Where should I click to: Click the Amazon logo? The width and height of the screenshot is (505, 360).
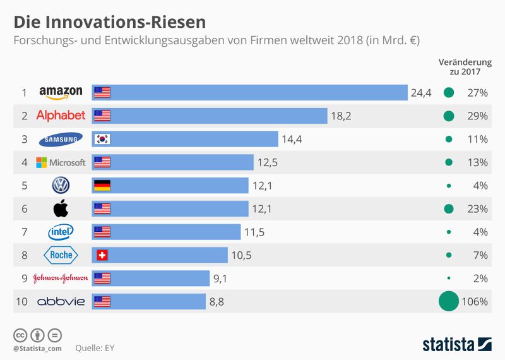pos(61,93)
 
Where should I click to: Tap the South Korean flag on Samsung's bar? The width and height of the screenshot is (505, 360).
pos(102,139)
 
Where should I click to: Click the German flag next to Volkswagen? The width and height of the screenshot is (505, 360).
pos(102,186)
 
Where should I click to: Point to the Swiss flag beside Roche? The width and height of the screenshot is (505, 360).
pos(101,255)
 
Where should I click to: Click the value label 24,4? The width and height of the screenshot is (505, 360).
pos(421,93)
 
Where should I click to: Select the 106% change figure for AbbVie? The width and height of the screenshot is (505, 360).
pos(475,301)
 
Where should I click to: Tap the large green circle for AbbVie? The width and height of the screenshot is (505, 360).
pos(449,301)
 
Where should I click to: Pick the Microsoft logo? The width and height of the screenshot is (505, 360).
pos(61,162)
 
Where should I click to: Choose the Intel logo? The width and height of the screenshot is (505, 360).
pos(61,232)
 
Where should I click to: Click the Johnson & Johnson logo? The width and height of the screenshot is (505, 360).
pos(61,279)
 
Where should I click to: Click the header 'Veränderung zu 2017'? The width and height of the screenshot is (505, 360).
pos(465,67)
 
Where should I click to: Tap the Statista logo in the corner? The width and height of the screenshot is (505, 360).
pos(457,344)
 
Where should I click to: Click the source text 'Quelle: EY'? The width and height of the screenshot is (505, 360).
pos(95,347)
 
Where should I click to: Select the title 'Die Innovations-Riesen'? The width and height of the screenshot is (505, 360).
pos(110,22)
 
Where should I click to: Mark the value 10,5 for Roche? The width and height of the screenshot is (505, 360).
pos(241,255)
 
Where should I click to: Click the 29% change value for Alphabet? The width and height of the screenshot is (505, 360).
pos(477,116)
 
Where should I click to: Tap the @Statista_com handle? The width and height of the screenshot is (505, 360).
pos(37,348)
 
